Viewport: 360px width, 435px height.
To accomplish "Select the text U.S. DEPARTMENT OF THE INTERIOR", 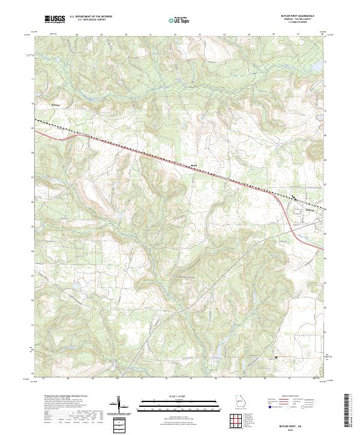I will click(91, 16).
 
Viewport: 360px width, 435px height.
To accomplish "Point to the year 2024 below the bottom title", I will click(303, 427).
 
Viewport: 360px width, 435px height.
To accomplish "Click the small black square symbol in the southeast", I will click(275, 358).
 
